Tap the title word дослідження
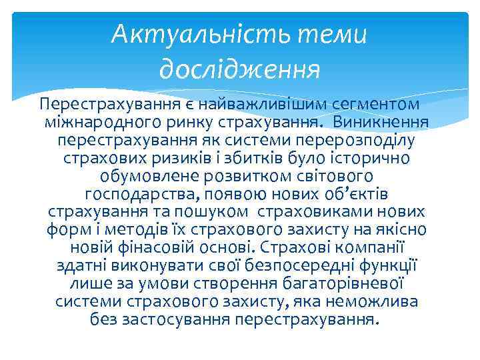point(240,67)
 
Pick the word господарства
point(141,195)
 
